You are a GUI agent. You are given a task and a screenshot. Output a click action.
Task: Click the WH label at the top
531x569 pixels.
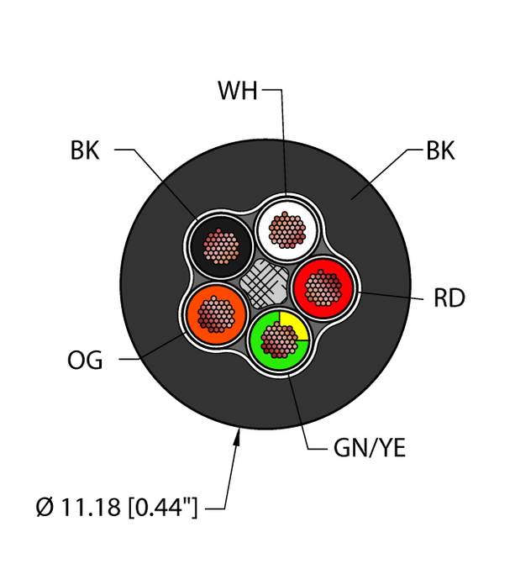[238, 91]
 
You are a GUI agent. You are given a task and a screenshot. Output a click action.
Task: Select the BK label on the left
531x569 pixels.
[85, 151]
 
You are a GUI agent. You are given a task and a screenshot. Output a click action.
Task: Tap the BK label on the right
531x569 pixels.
[440, 152]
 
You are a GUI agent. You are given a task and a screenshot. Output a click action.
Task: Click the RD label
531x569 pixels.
[450, 298]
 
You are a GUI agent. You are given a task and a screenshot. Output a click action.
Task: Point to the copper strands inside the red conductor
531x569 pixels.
[324, 288]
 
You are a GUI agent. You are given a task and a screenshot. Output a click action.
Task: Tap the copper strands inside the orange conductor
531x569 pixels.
[216, 313]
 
